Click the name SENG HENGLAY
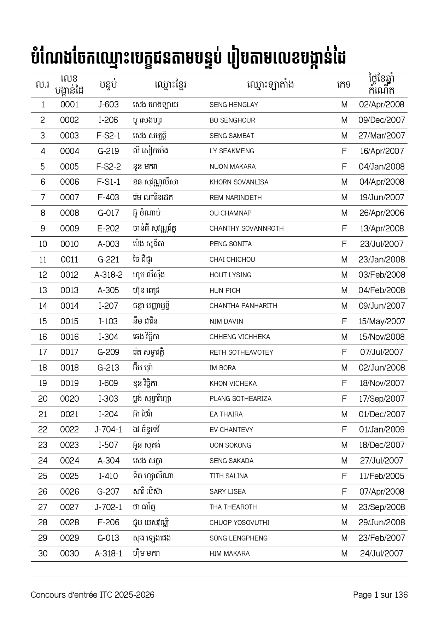point(234,105)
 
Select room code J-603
point(109,105)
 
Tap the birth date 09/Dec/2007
point(381,120)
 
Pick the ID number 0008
point(69,213)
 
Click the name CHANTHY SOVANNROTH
point(246,229)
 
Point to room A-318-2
point(109,275)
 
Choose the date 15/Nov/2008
point(381,337)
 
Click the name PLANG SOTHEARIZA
point(240,399)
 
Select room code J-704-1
point(109,430)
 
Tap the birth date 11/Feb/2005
point(381,476)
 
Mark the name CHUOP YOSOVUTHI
point(239,522)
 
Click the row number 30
point(43,554)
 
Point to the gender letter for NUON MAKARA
point(344,167)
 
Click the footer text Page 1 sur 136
point(380,595)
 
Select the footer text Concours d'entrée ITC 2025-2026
point(93,595)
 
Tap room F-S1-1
point(109,182)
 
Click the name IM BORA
point(222,368)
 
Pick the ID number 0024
point(69,461)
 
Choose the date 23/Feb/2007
point(381,538)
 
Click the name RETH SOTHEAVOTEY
point(241,352)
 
